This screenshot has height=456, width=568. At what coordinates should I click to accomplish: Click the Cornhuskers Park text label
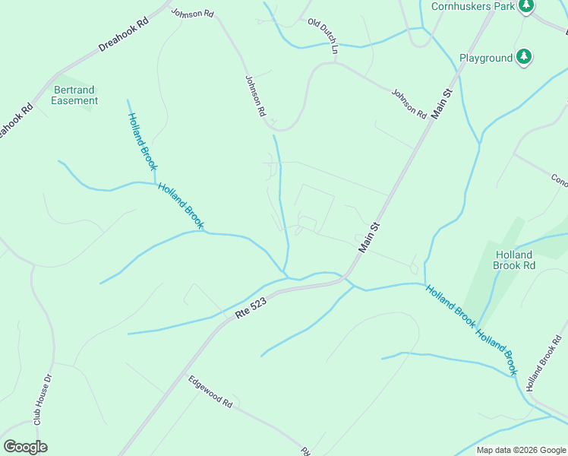pos(472,6)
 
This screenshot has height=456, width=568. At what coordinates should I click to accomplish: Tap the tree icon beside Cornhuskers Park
pos(525,6)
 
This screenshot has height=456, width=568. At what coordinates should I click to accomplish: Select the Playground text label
pos(486,58)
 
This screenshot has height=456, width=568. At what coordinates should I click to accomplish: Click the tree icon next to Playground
pos(523,57)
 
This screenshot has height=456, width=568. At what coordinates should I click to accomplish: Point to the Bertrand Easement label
pos(75,95)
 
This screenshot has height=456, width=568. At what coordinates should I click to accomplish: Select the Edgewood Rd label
pos(210,392)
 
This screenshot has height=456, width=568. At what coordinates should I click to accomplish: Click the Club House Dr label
pos(43,399)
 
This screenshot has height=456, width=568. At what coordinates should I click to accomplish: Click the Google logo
pos(25,447)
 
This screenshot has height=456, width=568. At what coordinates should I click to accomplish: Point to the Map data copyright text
pos(521,450)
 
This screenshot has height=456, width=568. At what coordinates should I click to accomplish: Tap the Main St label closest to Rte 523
pos(368,238)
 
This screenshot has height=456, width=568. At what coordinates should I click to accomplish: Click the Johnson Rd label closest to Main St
pos(409,104)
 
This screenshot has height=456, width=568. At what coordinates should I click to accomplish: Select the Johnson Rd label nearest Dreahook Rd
pos(192,13)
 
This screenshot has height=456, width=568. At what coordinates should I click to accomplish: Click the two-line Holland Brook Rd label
pos(515,260)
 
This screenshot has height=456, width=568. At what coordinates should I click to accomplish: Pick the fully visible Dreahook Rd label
pos(123,35)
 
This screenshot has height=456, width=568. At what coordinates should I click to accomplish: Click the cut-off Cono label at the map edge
pos(559,181)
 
